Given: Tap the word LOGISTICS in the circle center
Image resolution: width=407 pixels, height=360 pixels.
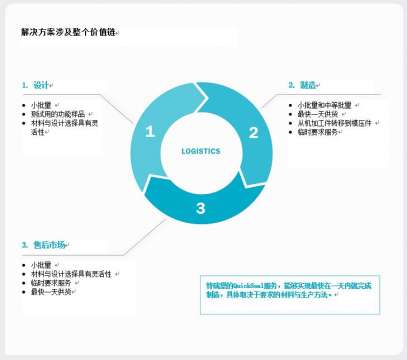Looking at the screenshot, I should click(201, 152).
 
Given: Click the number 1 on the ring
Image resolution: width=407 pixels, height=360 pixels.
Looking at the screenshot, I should click(150, 131).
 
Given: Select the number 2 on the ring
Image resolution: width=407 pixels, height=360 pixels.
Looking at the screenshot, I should click(254, 132).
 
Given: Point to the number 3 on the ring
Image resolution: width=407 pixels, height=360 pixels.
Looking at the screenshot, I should click(201, 208).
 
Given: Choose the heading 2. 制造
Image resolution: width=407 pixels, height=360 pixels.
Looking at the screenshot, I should click(305, 85).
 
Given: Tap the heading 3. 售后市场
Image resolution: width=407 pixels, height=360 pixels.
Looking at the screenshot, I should click(50, 245).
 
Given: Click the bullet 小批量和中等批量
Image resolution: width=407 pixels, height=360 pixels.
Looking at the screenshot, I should click(324, 105).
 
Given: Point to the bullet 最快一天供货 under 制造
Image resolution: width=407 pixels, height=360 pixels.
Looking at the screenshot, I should click(318, 114).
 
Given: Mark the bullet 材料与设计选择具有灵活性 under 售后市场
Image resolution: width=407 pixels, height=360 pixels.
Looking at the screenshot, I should click(72, 273).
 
